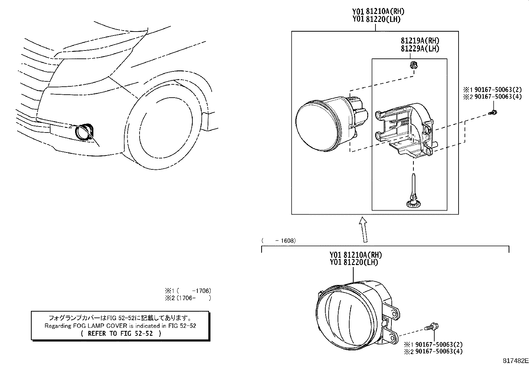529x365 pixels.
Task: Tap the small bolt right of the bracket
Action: coord(493,113)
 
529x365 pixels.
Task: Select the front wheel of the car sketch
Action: coord(165,128)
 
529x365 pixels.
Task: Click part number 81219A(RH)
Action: coord(420,41)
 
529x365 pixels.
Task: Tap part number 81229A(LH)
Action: coord(420,48)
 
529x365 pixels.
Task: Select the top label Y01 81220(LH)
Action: coord(376,19)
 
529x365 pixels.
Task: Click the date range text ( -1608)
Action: coord(278,240)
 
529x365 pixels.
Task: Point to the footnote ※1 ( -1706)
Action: coord(188,291)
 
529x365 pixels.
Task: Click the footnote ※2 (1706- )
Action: coord(188,298)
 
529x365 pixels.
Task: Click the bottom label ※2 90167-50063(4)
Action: coord(433,351)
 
